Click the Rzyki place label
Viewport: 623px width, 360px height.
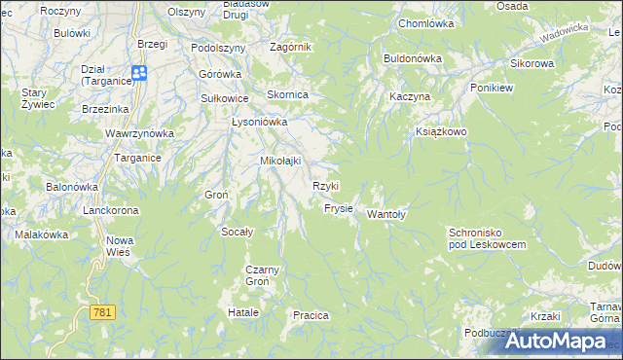click(x=325, y=186)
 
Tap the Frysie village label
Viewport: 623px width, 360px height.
click(x=338, y=209)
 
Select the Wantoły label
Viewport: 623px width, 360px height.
click(x=385, y=215)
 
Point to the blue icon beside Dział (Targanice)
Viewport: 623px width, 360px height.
click(x=138, y=72)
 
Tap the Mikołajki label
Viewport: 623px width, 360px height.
click(x=279, y=161)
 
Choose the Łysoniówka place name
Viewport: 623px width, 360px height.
click(x=259, y=123)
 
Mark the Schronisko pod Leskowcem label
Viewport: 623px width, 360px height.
click(x=487, y=238)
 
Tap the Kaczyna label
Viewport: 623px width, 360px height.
click(x=409, y=98)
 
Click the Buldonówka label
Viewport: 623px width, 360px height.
click(x=413, y=58)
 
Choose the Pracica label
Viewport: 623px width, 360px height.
click(x=311, y=315)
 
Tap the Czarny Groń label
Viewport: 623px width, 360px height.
click(x=263, y=274)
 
